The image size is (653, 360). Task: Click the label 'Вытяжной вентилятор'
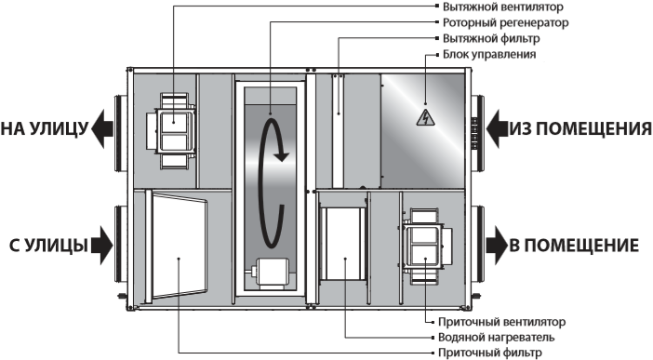pos(502,7)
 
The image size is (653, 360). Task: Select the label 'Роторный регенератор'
pos(505,23)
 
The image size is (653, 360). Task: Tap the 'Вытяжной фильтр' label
pos(491,39)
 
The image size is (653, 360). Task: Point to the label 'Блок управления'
pos(489,55)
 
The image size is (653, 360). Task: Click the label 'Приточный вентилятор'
pos(501,322)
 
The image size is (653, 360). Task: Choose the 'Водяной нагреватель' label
pos(497,337)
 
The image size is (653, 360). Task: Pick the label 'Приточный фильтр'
pos(490,353)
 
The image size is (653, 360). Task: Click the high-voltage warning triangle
pos(425,118)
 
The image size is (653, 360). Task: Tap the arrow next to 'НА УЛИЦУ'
pos(102,128)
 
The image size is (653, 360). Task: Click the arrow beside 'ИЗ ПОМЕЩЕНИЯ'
pos(498,128)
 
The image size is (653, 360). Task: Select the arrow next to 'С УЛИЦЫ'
pos(102,246)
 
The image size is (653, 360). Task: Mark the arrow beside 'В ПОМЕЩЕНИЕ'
pos(497,246)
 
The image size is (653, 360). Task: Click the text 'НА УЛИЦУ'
pos(45,128)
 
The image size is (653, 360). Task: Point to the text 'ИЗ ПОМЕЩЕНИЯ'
pos(581,128)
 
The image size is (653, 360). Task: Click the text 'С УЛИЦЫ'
pos(48,246)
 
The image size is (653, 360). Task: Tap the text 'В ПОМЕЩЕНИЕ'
pos(574,246)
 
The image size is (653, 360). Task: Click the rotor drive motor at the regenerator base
pos(270,273)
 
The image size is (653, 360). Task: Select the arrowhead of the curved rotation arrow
pos(282,156)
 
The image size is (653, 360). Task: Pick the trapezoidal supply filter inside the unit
pos(180,247)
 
